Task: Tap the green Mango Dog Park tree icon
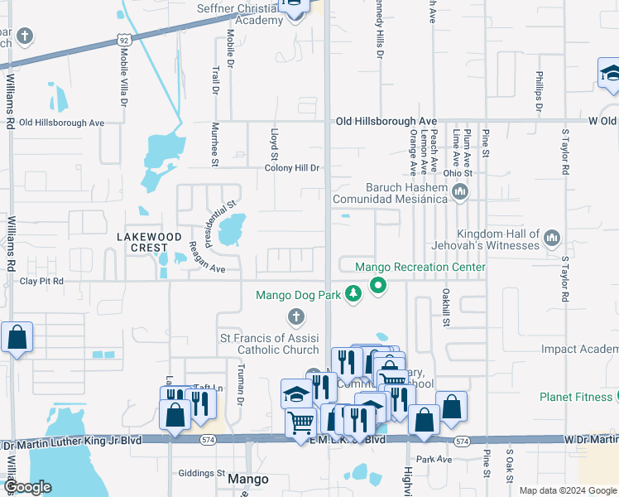click(x=353, y=293)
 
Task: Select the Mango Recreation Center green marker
click(x=379, y=287)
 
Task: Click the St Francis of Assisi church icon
click(x=295, y=316)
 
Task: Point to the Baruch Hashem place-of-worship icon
click(x=461, y=193)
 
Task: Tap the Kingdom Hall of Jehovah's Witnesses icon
click(x=552, y=239)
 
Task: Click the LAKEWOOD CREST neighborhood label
click(x=149, y=242)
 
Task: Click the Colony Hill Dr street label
click(x=291, y=168)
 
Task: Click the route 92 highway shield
click(x=123, y=39)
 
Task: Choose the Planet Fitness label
click(x=576, y=397)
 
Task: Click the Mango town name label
click(x=248, y=480)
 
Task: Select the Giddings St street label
click(x=202, y=474)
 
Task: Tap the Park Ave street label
click(x=434, y=459)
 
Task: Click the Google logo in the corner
click(x=27, y=487)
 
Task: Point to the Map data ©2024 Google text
click(x=567, y=490)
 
